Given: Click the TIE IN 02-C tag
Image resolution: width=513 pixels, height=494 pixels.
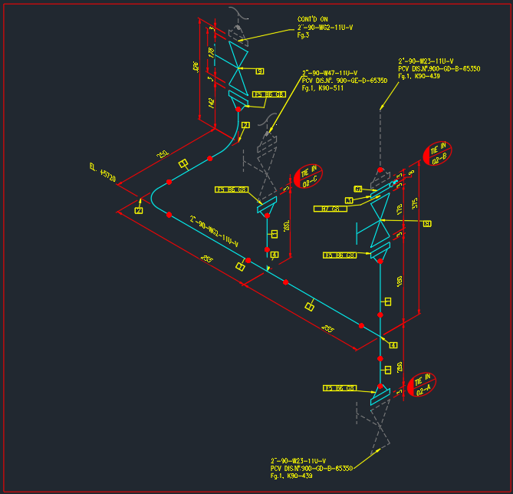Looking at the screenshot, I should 309,176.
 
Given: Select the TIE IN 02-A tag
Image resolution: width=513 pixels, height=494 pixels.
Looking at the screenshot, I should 421,384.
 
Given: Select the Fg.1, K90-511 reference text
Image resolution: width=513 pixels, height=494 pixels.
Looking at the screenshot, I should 323,88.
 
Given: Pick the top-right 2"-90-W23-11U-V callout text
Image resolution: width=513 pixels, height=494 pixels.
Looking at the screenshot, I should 426,61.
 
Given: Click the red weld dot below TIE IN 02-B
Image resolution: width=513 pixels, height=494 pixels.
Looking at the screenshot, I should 380,170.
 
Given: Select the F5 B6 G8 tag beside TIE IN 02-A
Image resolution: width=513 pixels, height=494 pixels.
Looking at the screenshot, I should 340,388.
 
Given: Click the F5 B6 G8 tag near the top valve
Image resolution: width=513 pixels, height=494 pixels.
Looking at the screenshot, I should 269,94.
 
